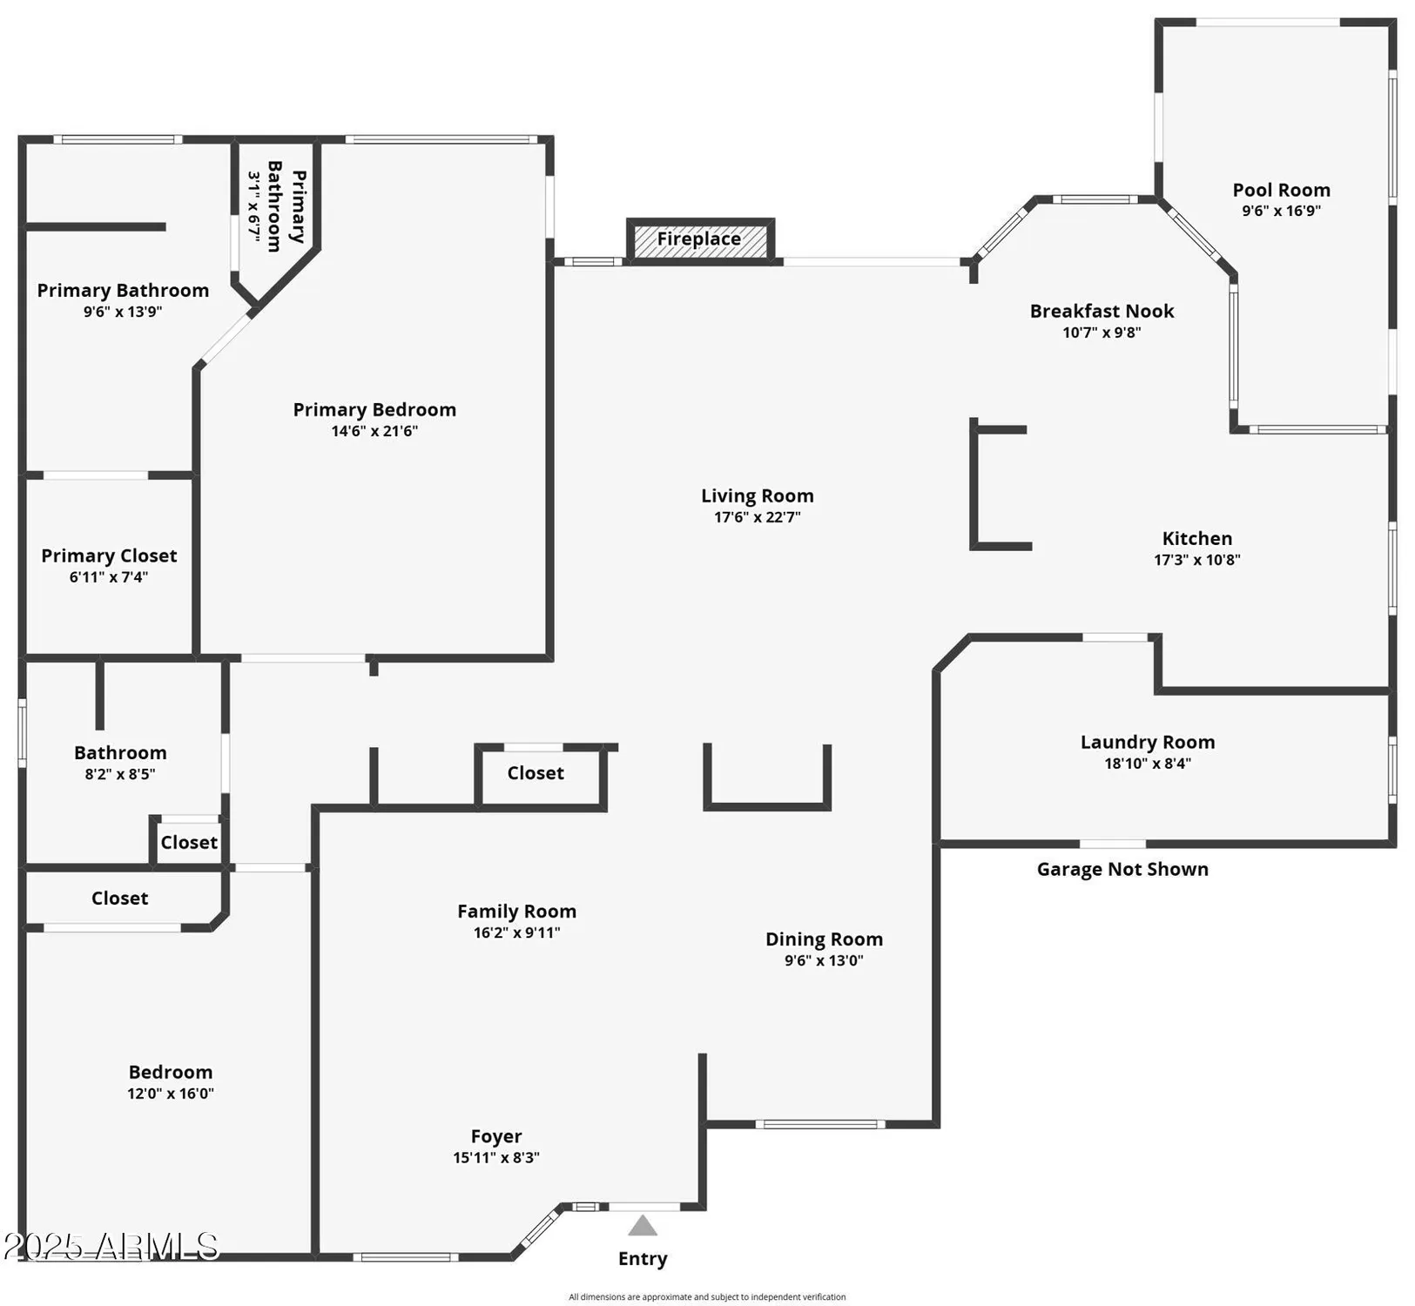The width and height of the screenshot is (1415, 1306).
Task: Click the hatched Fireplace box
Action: pos(699,239)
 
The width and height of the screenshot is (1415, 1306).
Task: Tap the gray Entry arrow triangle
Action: pos(643,1226)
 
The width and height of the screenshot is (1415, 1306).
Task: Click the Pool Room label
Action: pos(1281,190)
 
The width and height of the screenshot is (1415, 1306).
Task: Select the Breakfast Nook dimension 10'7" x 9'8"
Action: pos(1102,333)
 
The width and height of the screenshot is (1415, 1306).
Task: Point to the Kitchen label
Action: pos(1196,538)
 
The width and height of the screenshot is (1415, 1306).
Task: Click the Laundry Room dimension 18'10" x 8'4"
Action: pos(1147,764)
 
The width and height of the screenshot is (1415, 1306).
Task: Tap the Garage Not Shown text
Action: pos(1122,869)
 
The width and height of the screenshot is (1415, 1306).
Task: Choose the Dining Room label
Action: pos(824,939)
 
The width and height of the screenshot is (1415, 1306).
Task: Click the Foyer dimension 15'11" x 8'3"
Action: pos(495,1158)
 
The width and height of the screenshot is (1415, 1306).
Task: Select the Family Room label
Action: pos(516,911)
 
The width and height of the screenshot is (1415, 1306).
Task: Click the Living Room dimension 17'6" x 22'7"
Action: pos(757,517)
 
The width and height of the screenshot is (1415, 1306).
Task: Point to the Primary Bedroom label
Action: pos(374,409)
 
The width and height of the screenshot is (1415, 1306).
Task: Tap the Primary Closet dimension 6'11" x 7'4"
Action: pos(109,577)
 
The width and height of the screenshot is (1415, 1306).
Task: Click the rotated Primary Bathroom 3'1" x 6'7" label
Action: pos(276,206)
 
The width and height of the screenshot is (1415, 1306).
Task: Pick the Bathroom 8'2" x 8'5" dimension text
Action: pos(120,774)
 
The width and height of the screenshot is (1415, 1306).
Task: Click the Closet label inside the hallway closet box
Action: pos(536,773)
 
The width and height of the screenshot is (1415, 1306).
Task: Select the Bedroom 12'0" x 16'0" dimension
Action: pos(171,1094)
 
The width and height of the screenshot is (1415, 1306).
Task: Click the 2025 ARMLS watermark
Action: pos(111,1246)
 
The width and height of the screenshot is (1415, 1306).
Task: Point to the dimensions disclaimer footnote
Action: pos(707,1297)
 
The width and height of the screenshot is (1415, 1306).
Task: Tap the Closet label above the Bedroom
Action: pos(119,898)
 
